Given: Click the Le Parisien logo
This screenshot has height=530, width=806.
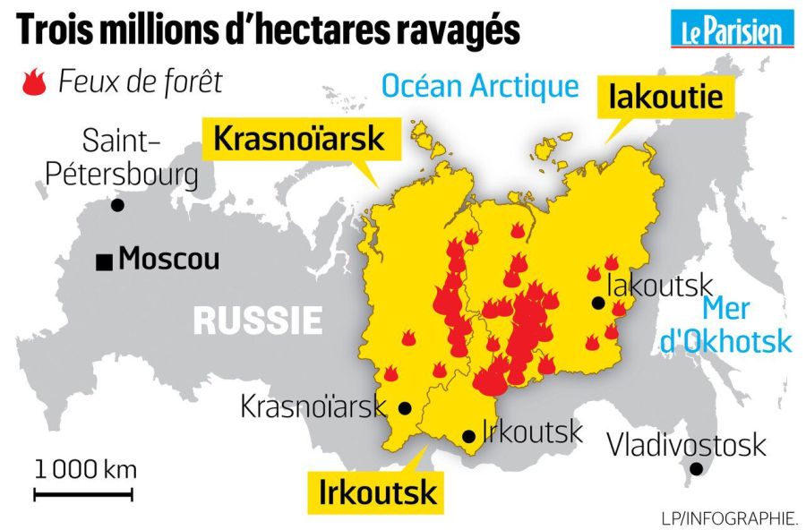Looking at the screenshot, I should pos(733,30).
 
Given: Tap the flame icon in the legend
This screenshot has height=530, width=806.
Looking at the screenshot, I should pos(32,82).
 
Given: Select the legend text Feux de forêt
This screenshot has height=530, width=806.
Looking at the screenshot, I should pos(140,81).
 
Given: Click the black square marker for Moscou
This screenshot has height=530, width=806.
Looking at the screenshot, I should pos(106,261).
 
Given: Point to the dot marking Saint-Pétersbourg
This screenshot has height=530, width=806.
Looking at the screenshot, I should pos(117,206).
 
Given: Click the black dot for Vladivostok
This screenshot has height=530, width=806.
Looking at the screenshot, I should pos(696,469).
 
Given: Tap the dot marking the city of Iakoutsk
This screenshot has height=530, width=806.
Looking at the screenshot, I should pos(597,303).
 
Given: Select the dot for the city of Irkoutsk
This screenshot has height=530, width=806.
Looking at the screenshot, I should pos(468,437).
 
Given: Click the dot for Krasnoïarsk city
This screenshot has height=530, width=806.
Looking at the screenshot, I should pos(405,408).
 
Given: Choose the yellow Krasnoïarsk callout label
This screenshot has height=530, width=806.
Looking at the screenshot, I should pos(298,139).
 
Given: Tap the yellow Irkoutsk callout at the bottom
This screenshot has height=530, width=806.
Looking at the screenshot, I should pos(378,492).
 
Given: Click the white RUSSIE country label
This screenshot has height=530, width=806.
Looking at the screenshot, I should pos(258,320).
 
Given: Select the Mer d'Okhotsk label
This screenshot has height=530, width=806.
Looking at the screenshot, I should pos(746,324).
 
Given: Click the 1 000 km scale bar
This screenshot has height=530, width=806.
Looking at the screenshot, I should pos(84,493).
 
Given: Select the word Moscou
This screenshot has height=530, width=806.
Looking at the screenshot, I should pos(169,260).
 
